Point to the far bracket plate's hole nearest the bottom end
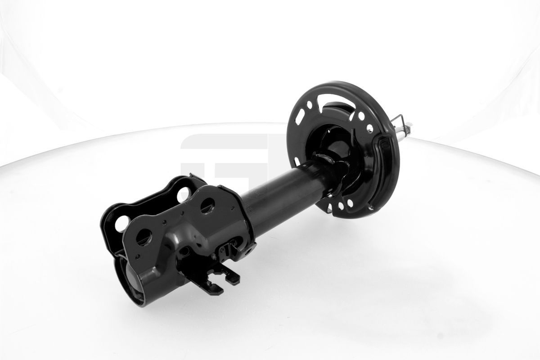pos(122,223)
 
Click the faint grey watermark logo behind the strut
pos(225,162)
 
